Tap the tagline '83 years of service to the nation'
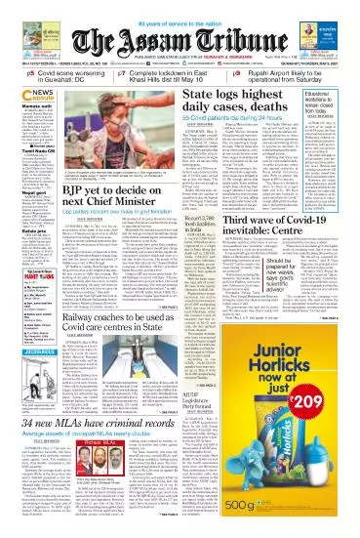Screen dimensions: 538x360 (180, 7)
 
